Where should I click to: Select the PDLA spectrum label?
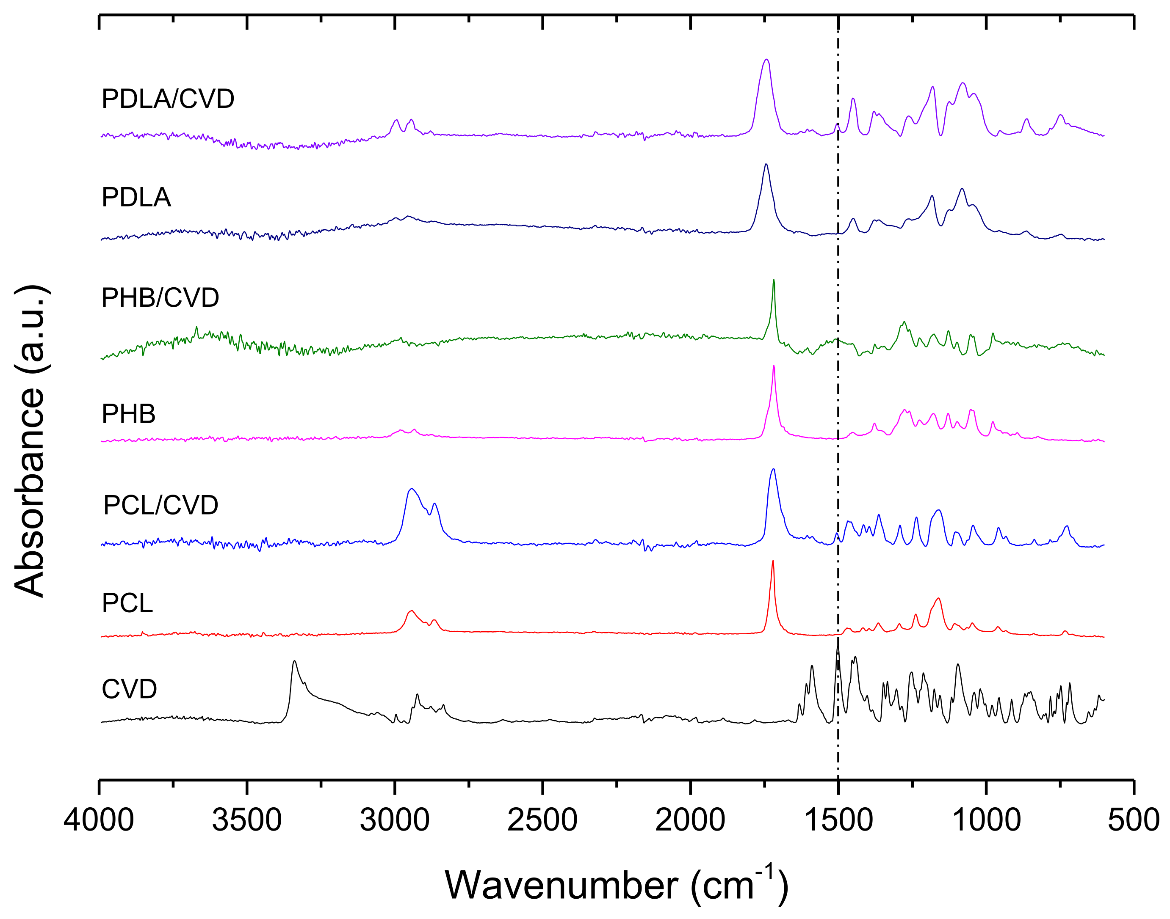coord(136,198)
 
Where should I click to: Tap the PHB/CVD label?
coord(160,297)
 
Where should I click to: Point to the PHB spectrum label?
coord(129,414)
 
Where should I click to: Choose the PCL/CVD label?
coord(160,505)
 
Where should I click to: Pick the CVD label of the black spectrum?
coord(129,689)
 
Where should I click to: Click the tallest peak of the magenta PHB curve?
coord(774,366)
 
